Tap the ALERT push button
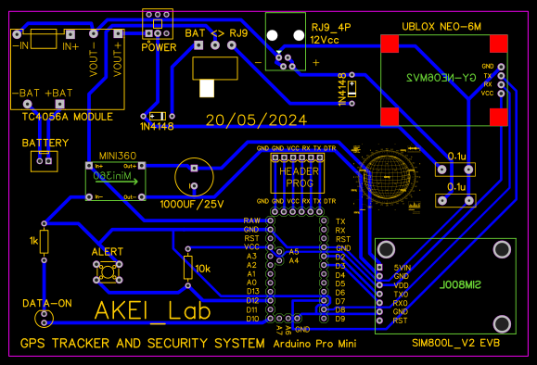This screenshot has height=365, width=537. click(x=108, y=271)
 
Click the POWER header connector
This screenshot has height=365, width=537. click(x=159, y=19)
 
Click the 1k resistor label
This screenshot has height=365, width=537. click(x=33, y=241)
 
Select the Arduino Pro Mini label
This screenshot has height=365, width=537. click(x=316, y=344)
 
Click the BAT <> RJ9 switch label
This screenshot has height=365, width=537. click(x=217, y=33)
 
